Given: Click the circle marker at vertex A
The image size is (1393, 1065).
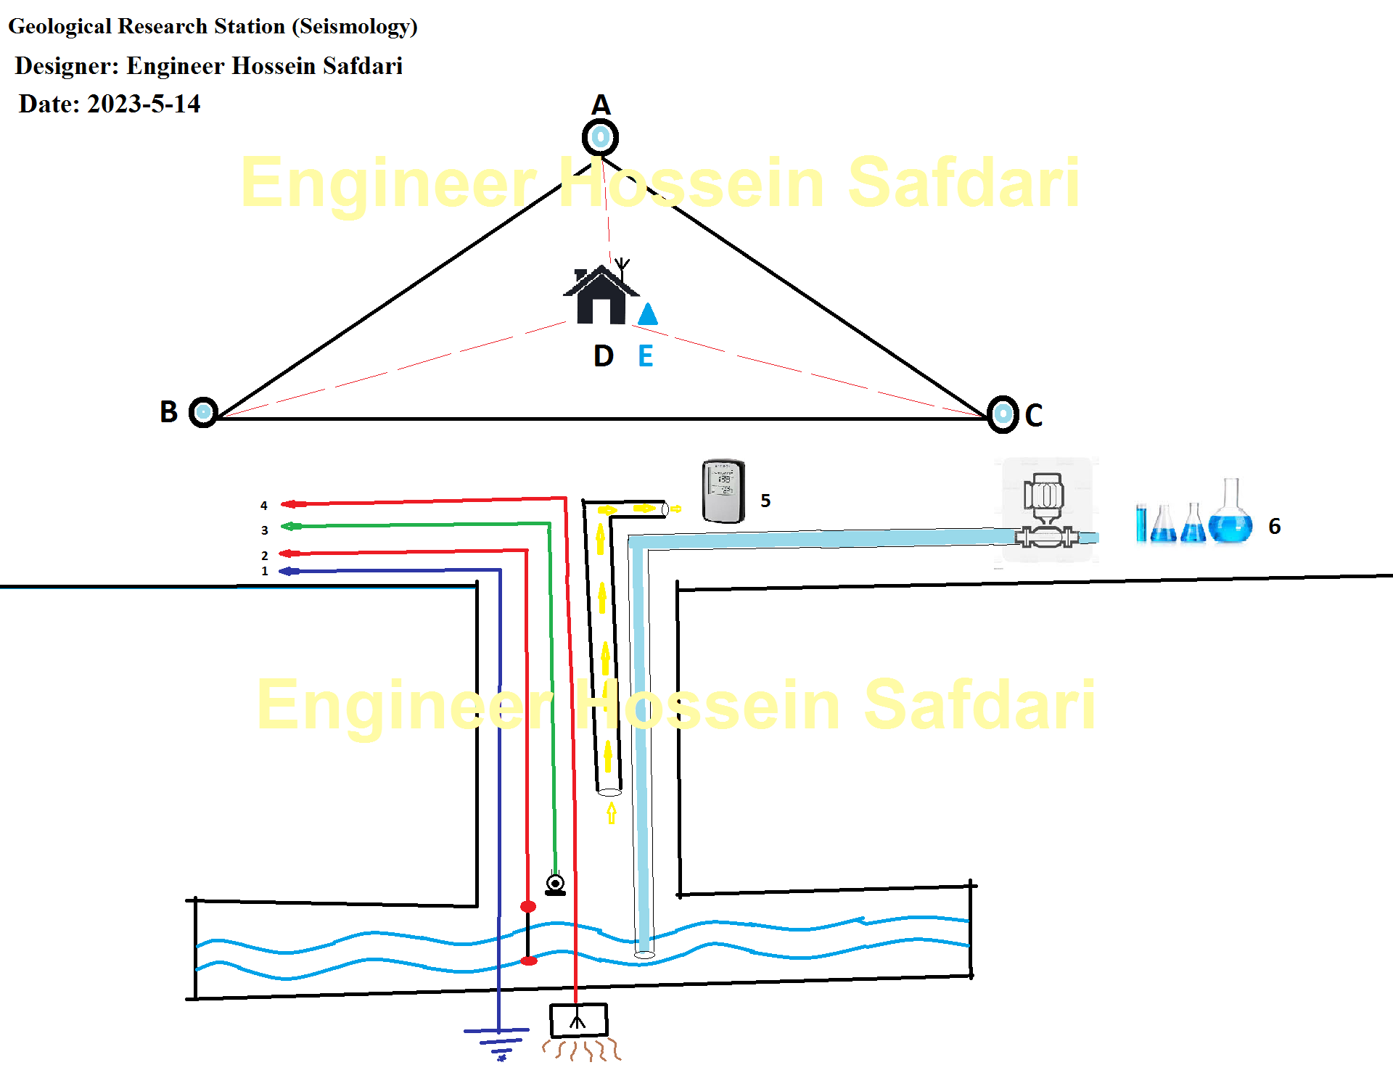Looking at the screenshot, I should (600, 137).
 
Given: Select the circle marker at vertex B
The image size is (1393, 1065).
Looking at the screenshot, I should (204, 413).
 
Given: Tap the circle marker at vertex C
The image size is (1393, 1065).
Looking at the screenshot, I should (1003, 414).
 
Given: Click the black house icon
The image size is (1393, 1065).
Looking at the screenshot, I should (601, 296).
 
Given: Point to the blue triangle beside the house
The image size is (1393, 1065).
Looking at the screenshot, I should (648, 314).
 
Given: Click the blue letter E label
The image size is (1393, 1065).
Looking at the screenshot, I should (645, 356).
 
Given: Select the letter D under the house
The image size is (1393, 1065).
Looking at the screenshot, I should (603, 356).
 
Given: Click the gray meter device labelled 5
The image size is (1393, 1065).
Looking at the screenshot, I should (723, 491).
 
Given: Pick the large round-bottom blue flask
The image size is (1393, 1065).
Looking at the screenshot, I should (1230, 517).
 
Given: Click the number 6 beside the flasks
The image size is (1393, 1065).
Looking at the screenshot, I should (1274, 526).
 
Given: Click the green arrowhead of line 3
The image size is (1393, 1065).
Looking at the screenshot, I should (290, 527).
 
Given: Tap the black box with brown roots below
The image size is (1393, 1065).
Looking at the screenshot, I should (578, 1021).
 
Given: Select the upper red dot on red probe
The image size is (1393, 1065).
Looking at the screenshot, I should (528, 907).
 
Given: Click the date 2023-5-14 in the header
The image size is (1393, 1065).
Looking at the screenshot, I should (144, 104).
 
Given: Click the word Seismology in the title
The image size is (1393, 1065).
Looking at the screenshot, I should (355, 27).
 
